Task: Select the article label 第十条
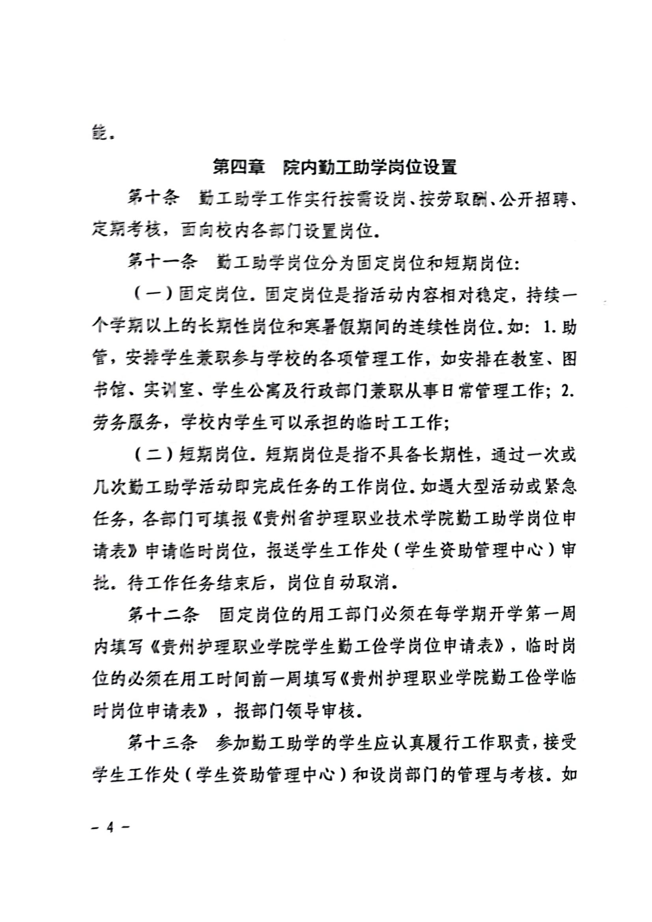[x=153, y=199]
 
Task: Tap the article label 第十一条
[x=163, y=263]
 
